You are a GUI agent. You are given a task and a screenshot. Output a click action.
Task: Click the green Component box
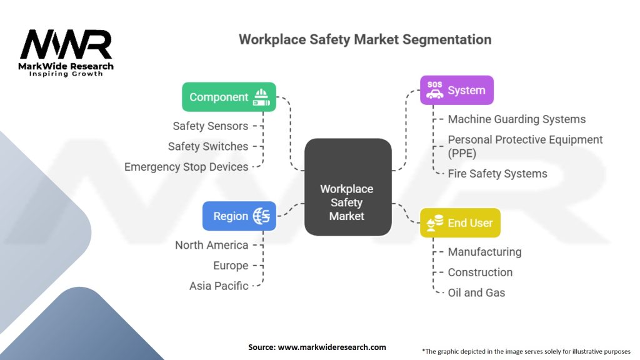click(229, 97)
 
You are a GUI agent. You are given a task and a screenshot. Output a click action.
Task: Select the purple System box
click(456, 90)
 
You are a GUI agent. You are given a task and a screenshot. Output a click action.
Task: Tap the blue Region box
click(239, 216)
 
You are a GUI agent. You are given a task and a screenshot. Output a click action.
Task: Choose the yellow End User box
click(460, 222)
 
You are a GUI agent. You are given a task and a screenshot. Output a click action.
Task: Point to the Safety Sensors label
click(211, 126)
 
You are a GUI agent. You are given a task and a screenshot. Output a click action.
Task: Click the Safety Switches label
click(208, 146)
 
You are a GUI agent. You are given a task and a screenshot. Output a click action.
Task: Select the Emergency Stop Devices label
click(186, 167)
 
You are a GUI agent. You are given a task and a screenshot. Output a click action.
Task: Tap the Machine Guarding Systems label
click(517, 119)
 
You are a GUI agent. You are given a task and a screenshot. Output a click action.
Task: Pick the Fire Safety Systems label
click(497, 174)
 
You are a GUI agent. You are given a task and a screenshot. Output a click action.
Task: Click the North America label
click(212, 245)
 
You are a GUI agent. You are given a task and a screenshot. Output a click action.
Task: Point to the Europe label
click(231, 266)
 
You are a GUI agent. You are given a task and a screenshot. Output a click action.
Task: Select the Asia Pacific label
click(219, 286)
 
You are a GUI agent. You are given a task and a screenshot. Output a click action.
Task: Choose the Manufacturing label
click(484, 252)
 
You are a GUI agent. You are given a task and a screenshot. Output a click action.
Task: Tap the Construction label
click(480, 272)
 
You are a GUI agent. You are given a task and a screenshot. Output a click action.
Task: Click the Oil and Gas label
click(477, 292)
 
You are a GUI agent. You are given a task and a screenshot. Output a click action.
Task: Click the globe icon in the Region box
click(262, 216)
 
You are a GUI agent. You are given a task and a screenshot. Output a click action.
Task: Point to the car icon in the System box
click(434, 94)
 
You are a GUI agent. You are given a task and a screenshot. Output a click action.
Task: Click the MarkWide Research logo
click(66, 53)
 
